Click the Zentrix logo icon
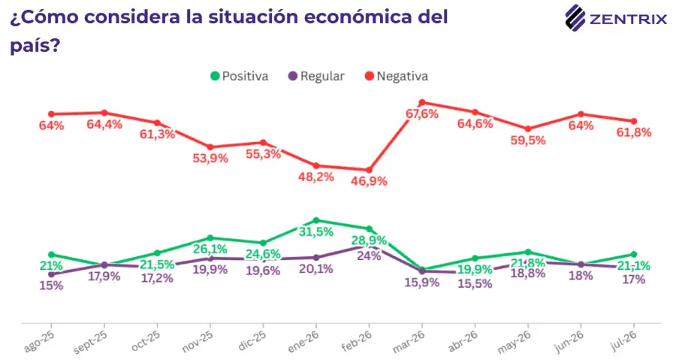tap(575, 18)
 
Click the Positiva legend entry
tap(240, 77)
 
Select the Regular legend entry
tap(316, 77)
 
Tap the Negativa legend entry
tap(397, 77)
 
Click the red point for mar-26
tap(422, 103)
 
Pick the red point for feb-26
tap(369, 171)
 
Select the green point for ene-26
tap(316, 220)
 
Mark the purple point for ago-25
tap(51, 274)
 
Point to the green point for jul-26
tap(634, 254)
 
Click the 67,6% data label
tap(422, 114)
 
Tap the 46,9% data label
tap(369, 182)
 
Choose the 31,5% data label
tap(316, 232)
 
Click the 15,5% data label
tap(475, 283)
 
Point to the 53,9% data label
tap(210, 159)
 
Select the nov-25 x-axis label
tap(198, 342)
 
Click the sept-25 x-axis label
tap(90, 342)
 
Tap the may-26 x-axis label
tap(514, 342)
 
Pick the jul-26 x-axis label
tap(624, 340)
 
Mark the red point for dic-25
tap(263, 143)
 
